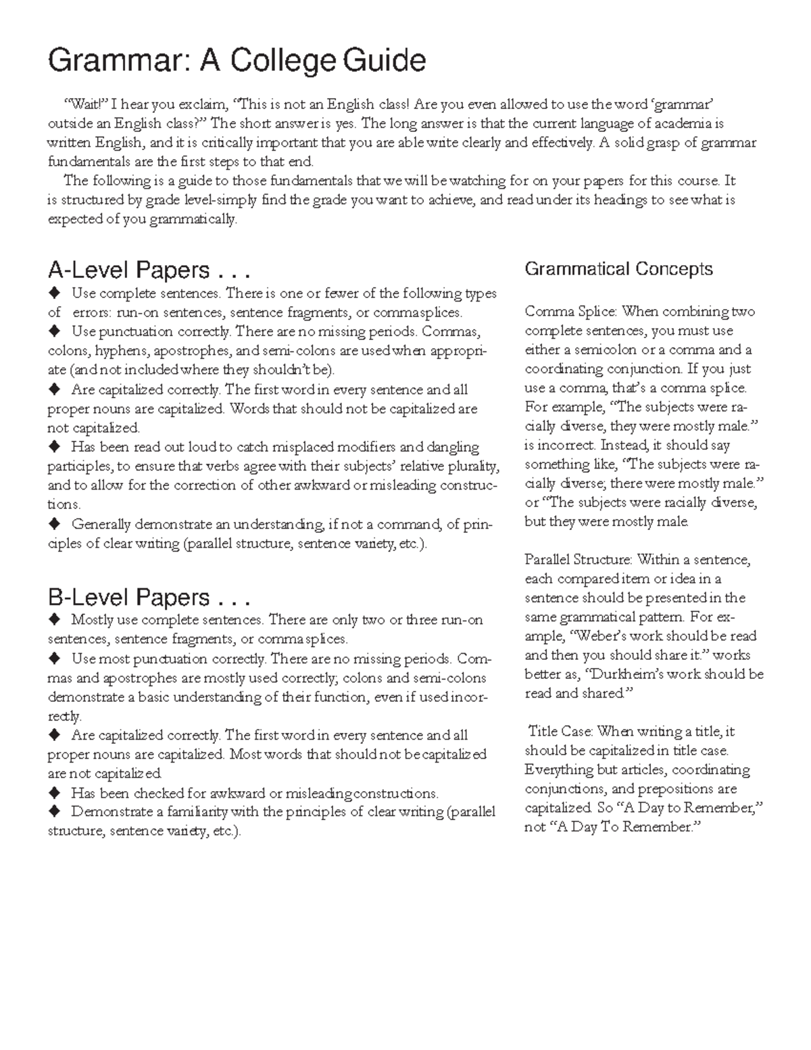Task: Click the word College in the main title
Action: pos(282,61)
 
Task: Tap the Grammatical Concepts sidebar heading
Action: pos(618,269)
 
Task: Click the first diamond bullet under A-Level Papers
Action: pos(53,293)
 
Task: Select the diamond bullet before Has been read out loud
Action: pos(53,447)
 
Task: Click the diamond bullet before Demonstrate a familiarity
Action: pos(53,811)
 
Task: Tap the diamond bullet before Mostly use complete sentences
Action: pos(53,620)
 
